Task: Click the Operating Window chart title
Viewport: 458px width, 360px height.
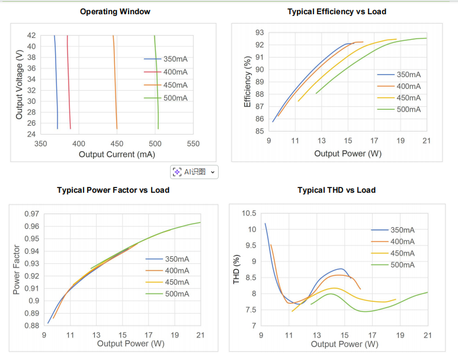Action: tap(115, 11)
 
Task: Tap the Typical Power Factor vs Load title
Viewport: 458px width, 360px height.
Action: tap(113, 190)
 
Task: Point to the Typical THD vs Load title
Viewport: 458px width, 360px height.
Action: tap(336, 190)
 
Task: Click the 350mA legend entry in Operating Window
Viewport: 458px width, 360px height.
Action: tap(175, 59)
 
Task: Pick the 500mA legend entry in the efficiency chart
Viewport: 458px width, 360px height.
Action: tap(408, 109)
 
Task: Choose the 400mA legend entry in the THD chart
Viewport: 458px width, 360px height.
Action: tap(402, 241)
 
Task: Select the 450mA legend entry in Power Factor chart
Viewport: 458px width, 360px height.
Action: tap(177, 282)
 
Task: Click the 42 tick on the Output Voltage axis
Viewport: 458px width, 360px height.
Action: tap(31, 36)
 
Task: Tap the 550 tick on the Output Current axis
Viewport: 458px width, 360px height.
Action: tap(193, 144)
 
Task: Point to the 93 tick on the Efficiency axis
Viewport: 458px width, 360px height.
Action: tap(260, 32)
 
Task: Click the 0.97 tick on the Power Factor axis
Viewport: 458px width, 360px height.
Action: tap(32, 214)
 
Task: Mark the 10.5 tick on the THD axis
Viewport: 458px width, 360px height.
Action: tap(248, 214)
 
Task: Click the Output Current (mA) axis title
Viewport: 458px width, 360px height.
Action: tap(116, 154)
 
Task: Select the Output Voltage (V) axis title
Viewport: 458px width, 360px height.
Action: tap(20, 84)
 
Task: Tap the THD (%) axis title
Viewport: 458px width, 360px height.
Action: tap(236, 269)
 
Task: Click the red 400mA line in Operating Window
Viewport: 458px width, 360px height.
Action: tap(69, 83)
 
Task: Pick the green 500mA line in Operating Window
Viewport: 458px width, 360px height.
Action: tap(156, 83)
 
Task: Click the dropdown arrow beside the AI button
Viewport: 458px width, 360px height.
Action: tap(213, 172)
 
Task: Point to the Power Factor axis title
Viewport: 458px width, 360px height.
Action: tap(17, 270)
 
